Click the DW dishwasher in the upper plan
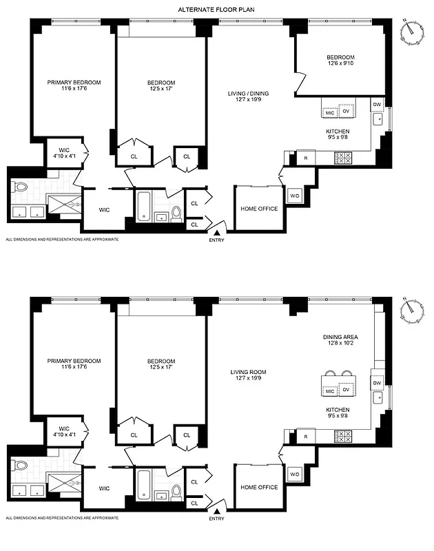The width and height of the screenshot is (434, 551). click(377, 104)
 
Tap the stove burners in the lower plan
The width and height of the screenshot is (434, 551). click(343, 437)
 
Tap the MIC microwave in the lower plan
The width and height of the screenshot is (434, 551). click(329, 391)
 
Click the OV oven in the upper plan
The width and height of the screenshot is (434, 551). click(347, 111)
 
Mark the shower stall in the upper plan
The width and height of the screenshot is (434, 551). click(63, 205)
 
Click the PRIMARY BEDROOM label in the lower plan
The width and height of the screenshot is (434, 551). click(74, 365)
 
